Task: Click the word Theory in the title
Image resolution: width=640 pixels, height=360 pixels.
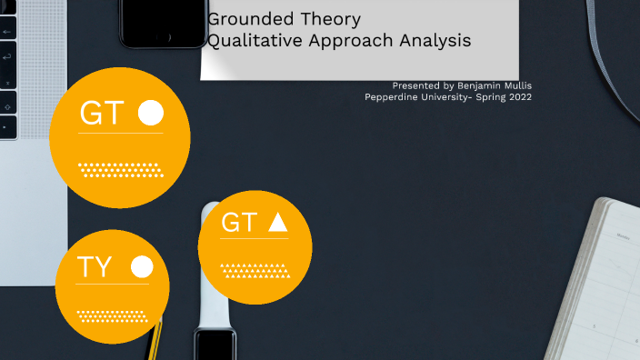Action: (330, 19)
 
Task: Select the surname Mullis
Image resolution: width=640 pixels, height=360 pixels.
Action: (515, 85)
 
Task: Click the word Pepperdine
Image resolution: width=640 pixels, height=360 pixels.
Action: (395, 96)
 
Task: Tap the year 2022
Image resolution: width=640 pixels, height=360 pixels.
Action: (519, 96)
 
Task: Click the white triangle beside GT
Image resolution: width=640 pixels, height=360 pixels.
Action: (278, 222)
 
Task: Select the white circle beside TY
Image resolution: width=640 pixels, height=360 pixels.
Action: (142, 266)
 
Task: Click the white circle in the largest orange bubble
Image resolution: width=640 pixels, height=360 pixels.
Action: (151, 113)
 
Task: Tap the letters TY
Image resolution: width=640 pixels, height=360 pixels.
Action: (95, 267)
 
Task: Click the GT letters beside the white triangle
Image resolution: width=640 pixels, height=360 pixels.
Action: (239, 223)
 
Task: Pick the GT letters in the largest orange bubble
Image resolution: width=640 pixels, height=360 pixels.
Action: (102, 114)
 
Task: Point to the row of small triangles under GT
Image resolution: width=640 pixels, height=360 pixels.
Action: (255, 269)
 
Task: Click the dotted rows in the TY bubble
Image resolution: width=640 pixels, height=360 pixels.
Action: (113, 315)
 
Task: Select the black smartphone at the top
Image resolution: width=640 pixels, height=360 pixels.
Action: (164, 22)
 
